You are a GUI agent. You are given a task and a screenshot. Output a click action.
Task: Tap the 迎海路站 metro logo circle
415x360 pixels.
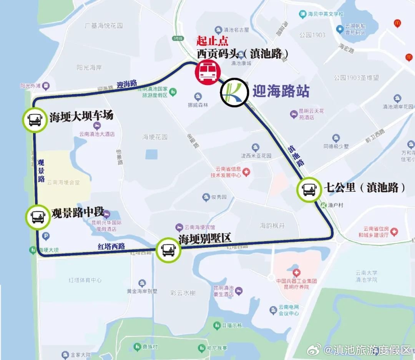pyautogui.click(x=234, y=92)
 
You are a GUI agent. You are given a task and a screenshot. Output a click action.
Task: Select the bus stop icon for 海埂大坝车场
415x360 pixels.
pyautogui.click(x=35, y=120)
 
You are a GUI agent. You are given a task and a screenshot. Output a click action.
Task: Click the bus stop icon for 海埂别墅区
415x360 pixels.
pyautogui.click(x=168, y=250)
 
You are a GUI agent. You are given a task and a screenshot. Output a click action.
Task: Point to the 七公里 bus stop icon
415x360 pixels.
pyautogui.click(x=309, y=189)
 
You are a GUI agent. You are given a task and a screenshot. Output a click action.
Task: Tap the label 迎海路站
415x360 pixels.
pyautogui.click(x=281, y=91)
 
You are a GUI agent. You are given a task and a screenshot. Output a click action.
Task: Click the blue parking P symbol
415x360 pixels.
pyautogui.click(x=46, y=236)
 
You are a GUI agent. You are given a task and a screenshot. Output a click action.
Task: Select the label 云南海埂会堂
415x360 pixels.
pyautogui.click(x=63, y=183)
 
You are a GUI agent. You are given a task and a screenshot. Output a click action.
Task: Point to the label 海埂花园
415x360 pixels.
pyautogui.click(x=155, y=137)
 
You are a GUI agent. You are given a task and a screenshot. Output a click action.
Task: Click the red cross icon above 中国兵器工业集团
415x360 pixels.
pyautogui.click(x=296, y=273)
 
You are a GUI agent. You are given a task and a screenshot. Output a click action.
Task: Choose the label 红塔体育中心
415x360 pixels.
pyautogui.click(x=85, y=280)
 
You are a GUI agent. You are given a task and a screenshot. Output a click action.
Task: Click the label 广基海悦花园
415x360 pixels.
pyautogui.click(x=103, y=26)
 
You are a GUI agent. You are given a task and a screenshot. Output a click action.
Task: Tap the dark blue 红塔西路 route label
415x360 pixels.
pyautogui.click(x=111, y=247)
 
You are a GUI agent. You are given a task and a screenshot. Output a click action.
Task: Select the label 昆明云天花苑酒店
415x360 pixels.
pyautogui.click(x=311, y=114)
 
